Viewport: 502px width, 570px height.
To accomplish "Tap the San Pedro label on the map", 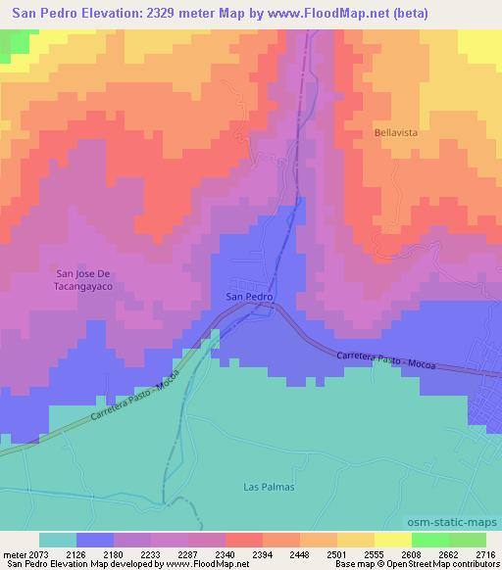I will [248, 296].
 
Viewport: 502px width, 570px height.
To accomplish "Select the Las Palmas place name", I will [269, 487].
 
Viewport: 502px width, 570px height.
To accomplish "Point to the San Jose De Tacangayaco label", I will [84, 280].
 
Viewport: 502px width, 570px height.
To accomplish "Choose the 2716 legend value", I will [485, 554].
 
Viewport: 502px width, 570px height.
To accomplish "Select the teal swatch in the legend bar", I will [58, 540].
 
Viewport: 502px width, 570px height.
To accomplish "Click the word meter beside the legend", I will [13, 554].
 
